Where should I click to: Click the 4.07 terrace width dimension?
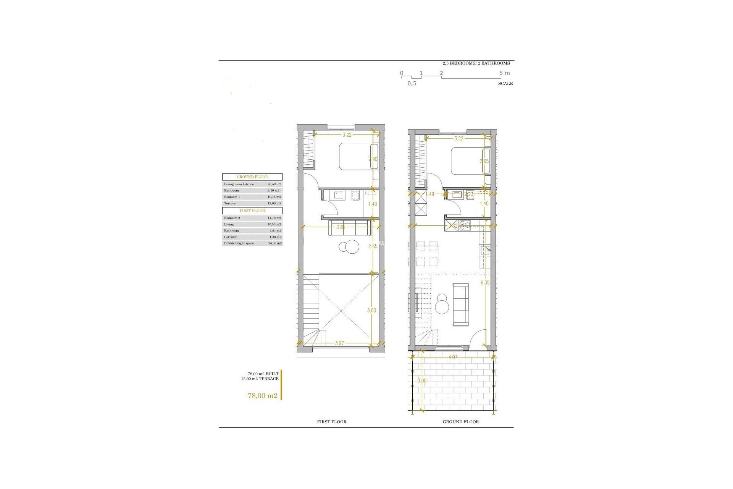[453, 358]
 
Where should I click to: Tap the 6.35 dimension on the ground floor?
[485, 283]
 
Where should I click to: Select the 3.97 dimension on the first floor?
[339, 343]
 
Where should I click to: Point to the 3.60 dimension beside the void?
[371, 311]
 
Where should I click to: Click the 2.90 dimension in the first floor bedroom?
[373, 159]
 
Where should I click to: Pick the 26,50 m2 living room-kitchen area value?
[274, 184]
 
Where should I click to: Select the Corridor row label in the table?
[230, 237]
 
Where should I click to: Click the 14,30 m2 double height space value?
[274, 243]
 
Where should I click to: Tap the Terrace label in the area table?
[230, 203]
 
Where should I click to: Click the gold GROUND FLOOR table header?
[252, 177]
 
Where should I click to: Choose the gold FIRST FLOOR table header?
[252, 210]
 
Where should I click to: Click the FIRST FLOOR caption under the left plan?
[332, 422]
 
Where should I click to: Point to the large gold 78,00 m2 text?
[263, 396]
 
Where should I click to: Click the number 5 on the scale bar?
[501, 73]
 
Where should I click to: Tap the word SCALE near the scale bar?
[505, 83]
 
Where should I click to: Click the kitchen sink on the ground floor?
[485, 250]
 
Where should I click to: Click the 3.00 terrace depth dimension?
[422, 381]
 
